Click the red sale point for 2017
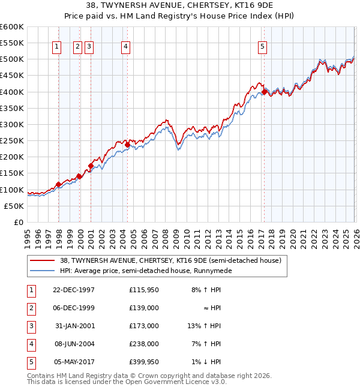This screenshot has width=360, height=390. [264, 92]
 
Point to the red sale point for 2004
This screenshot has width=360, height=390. [127, 145]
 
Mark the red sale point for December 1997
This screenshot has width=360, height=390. [58, 184]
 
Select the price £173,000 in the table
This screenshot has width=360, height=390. [143, 326]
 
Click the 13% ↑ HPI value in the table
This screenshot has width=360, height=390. [205, 326]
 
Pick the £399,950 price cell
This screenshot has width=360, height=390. [143, 362]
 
